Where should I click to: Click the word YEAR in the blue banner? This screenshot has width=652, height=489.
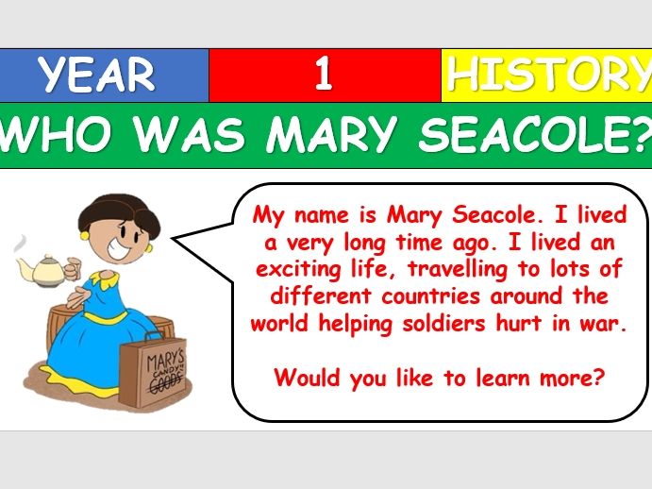click(96, 75)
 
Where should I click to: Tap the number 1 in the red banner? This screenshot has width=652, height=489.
click(324, 74)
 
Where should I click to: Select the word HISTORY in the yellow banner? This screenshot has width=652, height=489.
click(549, 75)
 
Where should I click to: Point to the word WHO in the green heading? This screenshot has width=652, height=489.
click(56, 134)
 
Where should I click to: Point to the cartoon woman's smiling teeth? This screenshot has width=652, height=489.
click(118, 247)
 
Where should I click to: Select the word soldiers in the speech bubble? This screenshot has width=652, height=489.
click(443, 324)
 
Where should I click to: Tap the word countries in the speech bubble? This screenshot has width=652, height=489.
click(430, 296)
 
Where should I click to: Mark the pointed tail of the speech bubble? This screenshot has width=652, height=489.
click(172, 239)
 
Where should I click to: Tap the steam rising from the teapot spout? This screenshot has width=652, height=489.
click(21, 244)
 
